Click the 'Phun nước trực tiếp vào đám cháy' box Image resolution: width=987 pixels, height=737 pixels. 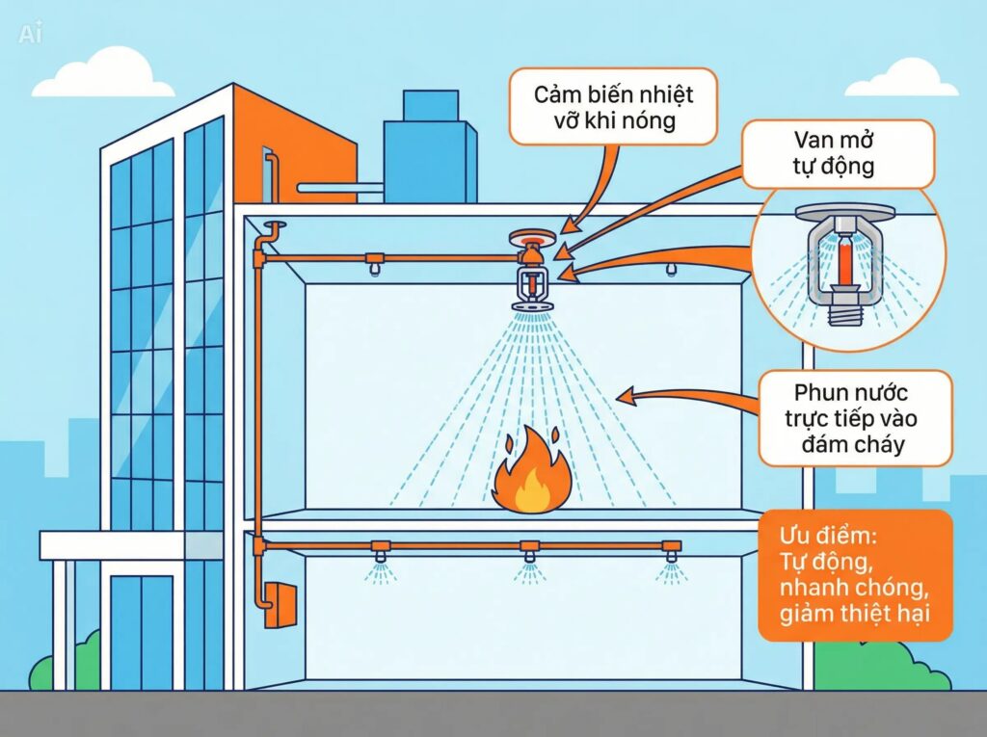pyautogui.click(x=854, y=419)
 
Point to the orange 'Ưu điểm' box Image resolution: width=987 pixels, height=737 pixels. pyautogui.click(x=855, y=575)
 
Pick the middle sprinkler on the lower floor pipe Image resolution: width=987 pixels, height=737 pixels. pyautogui.click(x=528, y=556)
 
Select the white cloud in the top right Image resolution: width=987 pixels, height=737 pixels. pyautogui.click(x=902, y=79)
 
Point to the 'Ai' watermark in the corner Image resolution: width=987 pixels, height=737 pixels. pyautogui.click(x=31, y=34)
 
